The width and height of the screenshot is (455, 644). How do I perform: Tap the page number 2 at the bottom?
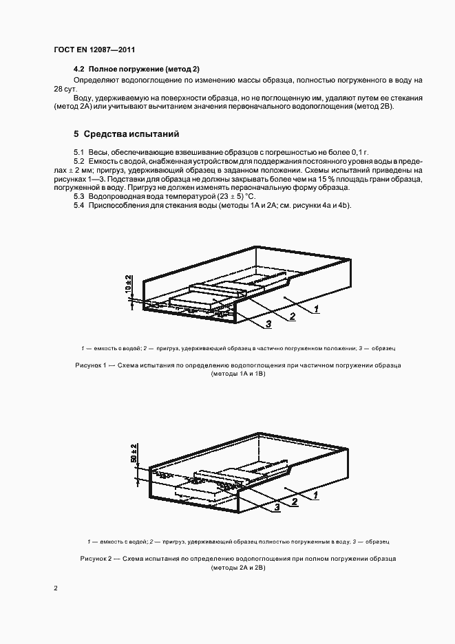(x=55, y=588)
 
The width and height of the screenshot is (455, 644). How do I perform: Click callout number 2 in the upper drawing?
(x=293, y=316)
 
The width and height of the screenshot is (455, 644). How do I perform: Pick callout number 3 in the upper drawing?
(x=269, y=323)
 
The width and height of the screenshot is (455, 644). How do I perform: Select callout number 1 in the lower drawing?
(x=315, y=495)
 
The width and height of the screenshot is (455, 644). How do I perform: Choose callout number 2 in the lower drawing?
(x=294, y=502)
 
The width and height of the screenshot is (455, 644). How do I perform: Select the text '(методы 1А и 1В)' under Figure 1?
(x=237, y=374)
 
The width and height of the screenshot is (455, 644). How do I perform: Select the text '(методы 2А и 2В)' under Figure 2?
(x=237, y=568)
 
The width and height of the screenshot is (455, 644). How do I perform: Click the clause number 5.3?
(x=78, y=197)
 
